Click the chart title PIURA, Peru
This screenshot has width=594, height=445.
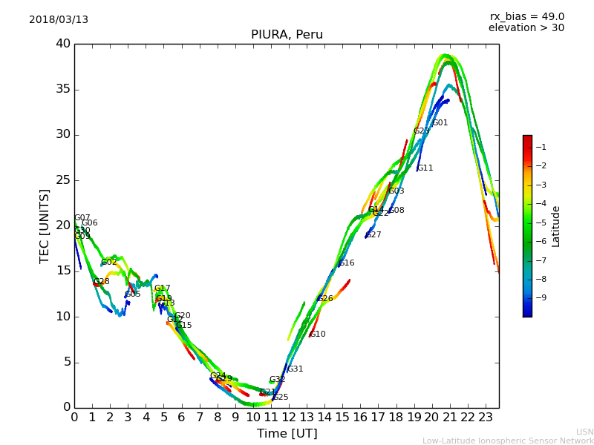point(287,35)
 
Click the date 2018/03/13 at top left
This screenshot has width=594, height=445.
point(59,20)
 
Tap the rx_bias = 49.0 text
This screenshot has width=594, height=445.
point(526,17)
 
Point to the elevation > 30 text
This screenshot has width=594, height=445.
point(526,28)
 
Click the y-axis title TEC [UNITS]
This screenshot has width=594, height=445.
point(45,225)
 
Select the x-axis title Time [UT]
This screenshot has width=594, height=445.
point(287,434)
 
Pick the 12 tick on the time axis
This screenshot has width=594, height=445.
point(289,418)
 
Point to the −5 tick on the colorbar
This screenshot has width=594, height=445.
point(541,222)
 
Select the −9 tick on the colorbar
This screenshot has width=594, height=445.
point(541,297)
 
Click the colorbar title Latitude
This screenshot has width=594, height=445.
point(556,226)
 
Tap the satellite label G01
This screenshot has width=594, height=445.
point(440,123)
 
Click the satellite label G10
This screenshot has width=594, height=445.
point(318,334)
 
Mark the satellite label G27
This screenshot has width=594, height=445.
point(373,235)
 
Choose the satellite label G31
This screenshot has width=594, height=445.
point(296,369)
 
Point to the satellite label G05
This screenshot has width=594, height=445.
point(133,294)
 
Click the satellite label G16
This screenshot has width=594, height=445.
point(347,263)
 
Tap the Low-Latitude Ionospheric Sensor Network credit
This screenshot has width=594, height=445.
point(508,441)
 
